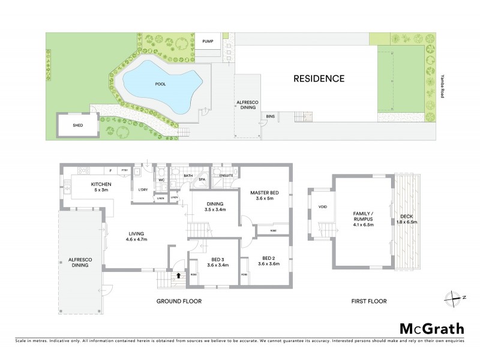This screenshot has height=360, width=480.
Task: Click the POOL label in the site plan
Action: [160, 84]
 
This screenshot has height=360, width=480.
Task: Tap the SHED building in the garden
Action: [77, 125]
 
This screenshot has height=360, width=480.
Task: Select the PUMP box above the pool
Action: [208, 41]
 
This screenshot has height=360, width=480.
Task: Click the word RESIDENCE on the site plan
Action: [319, 78]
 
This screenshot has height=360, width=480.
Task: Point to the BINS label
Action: [271, 116]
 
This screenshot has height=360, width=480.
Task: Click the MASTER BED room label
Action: [265, 195]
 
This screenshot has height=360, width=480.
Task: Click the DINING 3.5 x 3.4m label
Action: [215, 207]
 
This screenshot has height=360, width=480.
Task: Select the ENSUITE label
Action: [226, 175]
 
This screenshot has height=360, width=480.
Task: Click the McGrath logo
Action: [432, 328]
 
